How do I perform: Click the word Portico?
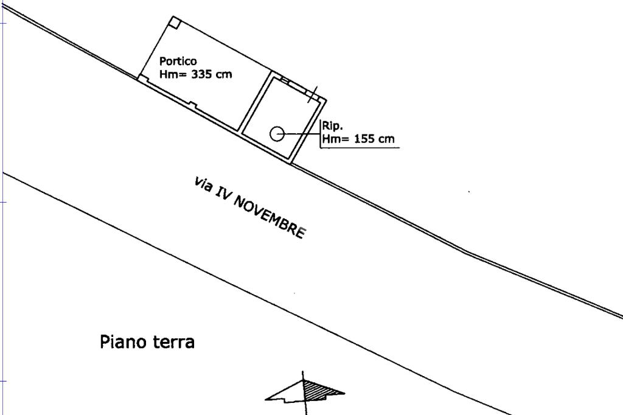(x=178, y=61)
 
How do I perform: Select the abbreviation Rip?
(x=333, y=127)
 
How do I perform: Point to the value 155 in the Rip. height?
(x=364, y=139)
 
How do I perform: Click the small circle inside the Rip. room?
(x=277, y=133)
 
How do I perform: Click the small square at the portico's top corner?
(x=174, y=23)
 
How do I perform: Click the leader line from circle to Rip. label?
(x=301, y=133)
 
